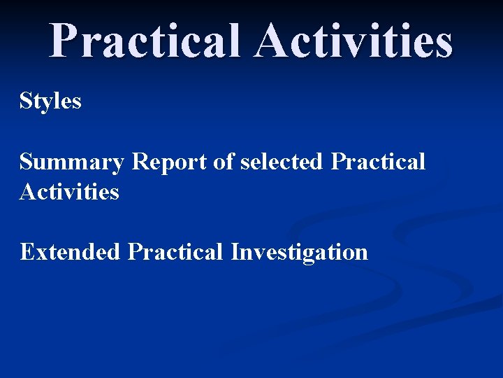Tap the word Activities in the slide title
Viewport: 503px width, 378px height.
353,41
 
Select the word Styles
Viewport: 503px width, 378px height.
50,101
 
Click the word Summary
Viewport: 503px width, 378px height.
72,162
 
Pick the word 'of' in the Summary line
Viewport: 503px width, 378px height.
224,162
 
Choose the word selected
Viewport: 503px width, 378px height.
282,162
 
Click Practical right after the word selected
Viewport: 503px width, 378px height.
378,162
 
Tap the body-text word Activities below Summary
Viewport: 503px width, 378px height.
69,191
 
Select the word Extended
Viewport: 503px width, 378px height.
70,251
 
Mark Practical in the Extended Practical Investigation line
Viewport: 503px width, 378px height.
175,251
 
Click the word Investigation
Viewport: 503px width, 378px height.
299,251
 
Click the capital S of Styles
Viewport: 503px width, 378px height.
27,101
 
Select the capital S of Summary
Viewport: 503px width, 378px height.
27,162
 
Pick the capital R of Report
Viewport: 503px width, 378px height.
140,162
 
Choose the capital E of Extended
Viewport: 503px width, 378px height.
27,251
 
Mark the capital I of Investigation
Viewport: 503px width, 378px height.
235,251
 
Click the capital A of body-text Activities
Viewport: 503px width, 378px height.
28,191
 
